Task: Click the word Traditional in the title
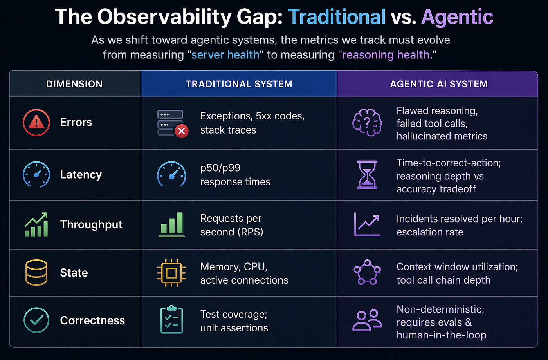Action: [x=337, y=17]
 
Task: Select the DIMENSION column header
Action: [x=74, y=84]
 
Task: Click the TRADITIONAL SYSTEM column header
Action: [x=239, y=84]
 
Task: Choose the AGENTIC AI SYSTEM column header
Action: [x=439, y=84]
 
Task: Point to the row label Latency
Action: [x=81, y=175]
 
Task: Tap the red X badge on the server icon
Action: [x=182, y=131]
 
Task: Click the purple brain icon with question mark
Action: [x=367, y=123]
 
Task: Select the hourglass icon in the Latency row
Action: [x=367, y=175]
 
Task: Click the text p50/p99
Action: [x=220, y=168]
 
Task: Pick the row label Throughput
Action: [x=91, y=224]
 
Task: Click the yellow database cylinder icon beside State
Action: [x=36, y=273]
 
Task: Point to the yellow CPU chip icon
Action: [x=171, y=273]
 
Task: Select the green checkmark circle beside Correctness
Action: [x=36, y=320]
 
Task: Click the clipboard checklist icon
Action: [x=171, y=320]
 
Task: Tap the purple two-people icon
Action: [x=367, y=320]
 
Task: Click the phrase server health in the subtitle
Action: [x=225, y=54]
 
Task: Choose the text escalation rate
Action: [x=430, y=232]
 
